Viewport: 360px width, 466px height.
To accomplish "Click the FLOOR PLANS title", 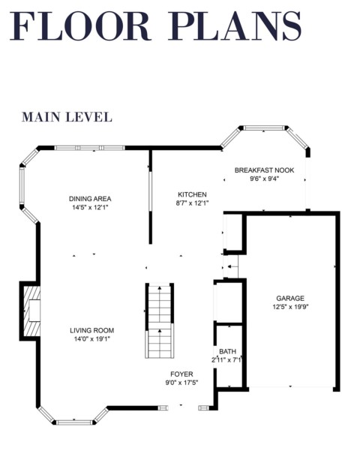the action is tap(156, 26).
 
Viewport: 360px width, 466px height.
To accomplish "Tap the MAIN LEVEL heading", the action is tap(67, 117).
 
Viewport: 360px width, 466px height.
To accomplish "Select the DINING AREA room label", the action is tap(90, 199).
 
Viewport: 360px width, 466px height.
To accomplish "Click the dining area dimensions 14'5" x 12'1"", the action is tap(90, 207).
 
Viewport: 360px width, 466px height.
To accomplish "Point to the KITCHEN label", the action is tap(192, 194).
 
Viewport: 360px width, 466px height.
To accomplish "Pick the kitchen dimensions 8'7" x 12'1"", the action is tap(192, 203).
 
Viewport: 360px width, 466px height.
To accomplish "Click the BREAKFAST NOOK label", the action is tap(264, 170).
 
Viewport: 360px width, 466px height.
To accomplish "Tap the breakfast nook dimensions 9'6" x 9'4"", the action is tap(264, 179).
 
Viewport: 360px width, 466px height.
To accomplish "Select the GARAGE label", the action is tap(290, 299).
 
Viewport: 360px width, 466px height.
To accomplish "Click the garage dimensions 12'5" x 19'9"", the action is tap(290, 307).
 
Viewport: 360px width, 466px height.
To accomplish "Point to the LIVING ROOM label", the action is tap(92, 330).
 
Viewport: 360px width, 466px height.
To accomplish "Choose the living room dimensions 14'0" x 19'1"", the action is tap(92, 338).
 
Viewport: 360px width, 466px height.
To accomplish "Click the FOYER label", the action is tap(181, 374).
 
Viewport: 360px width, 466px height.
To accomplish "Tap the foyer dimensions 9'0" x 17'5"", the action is tap(181, 383).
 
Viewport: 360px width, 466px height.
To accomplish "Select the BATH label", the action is tap(228, 352).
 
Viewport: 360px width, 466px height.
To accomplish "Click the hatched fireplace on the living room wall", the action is tap(31, 311).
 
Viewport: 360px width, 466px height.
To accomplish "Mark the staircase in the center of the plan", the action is tap(160, 321).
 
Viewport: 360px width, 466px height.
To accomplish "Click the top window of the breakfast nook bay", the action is tap(264, 128).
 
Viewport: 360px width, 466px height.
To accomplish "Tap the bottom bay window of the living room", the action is tap(74, 422).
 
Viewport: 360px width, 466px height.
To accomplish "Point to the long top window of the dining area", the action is tap(89, 148).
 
